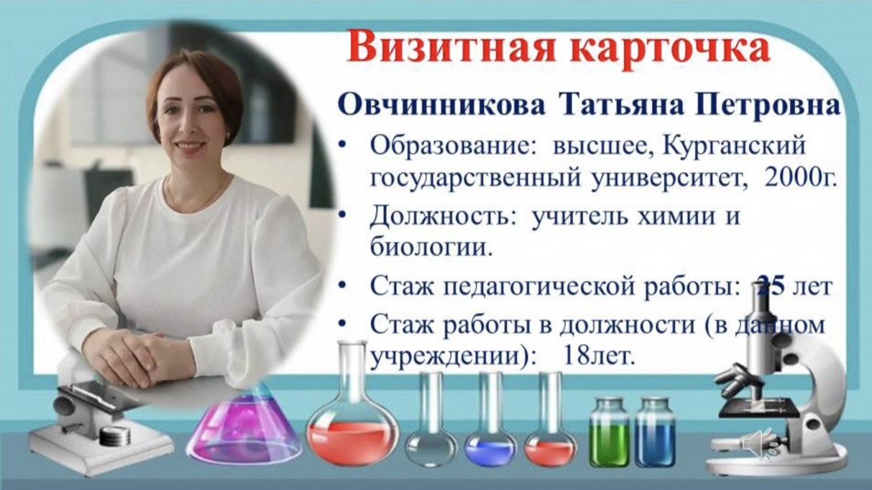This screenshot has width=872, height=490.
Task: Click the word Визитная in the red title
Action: pyautogui.click(x=450, y=49)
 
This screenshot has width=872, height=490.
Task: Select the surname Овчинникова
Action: pyautogui.click(x=441, y=106)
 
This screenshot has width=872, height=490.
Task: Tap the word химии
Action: pyautogui.click(x=676, y=216)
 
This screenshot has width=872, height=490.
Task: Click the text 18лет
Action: pyautogui.click(x=597, y=355)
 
